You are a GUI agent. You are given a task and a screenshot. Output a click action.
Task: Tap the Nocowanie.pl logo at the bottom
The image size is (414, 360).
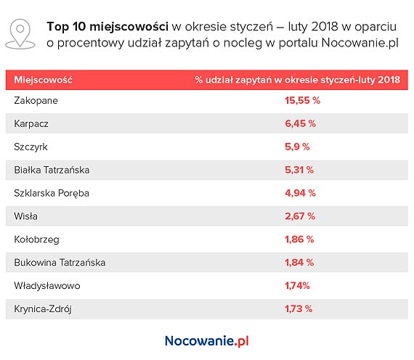click(x=207, y=340)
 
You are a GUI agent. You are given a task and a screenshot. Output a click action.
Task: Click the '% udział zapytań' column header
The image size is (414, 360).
click(x=297, y=79)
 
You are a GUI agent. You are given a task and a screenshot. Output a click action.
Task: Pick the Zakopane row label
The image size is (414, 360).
click(x=36, y=101)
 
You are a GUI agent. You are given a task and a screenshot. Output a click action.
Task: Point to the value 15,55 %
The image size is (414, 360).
click(x=302, y=101)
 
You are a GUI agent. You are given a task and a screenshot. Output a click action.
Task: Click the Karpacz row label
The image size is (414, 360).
click(x=31, y=124)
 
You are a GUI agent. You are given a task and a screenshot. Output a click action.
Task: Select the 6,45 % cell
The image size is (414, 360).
click(x=299, y=124)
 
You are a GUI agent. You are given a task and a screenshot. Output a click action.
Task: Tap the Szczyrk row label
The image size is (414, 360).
click(x=31, y=147)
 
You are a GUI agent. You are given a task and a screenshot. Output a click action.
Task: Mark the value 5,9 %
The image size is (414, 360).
click(x=297, y=147)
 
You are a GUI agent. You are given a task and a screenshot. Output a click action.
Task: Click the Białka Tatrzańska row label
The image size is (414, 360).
click(x=52, y=170)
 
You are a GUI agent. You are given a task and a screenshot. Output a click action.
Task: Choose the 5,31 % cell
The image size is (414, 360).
click(x=299, y=170)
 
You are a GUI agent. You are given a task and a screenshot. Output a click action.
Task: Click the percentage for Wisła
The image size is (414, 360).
click(x=299, y=216)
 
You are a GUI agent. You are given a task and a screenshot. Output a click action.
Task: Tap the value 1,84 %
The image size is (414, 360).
click(x=299, y=262)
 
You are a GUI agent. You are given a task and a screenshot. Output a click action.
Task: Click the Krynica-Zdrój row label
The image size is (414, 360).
click(x=44, y=308)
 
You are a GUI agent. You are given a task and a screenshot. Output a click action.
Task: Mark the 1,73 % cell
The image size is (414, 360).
click(x=299, y=308)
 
